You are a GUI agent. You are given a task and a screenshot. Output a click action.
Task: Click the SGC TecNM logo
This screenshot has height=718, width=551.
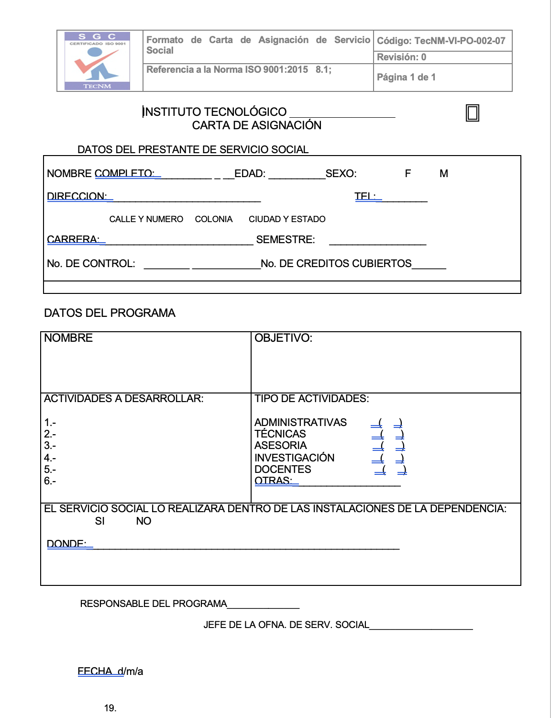click(98, 61)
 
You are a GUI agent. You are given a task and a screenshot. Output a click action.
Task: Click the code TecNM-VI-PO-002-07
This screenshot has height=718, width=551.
click(441, 41)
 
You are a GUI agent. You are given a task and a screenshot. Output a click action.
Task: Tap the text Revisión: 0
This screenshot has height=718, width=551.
click(401, 57)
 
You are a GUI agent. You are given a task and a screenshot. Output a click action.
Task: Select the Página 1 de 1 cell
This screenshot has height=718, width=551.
click(406, 78)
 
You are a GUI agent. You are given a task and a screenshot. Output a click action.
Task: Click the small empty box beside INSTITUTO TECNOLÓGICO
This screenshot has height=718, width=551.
click(473, 113)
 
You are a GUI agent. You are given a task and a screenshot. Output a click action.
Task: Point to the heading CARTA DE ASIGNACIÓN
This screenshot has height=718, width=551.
click(256, 125)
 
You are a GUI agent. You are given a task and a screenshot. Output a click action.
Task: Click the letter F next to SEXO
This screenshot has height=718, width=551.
click(408, 174)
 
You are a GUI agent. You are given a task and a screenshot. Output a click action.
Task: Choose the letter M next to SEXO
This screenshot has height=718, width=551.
click(444, 174)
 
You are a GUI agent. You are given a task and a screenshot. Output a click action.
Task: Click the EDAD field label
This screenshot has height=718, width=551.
click(250, 174)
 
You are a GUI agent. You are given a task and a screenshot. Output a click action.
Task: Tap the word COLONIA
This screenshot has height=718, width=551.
click(214, 219)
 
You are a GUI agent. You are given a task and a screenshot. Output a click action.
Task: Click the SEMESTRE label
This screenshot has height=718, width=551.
click(286, 240)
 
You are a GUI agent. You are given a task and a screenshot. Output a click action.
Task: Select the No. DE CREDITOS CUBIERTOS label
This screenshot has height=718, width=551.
click(336, 264)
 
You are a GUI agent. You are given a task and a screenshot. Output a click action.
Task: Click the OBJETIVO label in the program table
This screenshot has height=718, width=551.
click(283, 338)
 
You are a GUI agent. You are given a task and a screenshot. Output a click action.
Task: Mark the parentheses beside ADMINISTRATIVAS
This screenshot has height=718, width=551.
click(386, 423)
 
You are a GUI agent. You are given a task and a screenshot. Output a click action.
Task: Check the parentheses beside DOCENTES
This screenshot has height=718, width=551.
click(391, 470)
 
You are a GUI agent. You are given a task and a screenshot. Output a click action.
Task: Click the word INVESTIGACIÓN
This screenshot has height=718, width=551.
click(294, 458)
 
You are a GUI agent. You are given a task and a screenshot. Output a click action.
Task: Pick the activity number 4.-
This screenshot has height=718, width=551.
click(50, 458)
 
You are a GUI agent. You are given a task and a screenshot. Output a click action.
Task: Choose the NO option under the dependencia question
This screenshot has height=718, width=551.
click(143, 521)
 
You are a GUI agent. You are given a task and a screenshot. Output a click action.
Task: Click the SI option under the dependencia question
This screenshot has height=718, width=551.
click(99, 521)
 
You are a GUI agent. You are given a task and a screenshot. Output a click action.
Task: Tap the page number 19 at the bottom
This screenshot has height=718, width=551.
click(110, 708)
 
